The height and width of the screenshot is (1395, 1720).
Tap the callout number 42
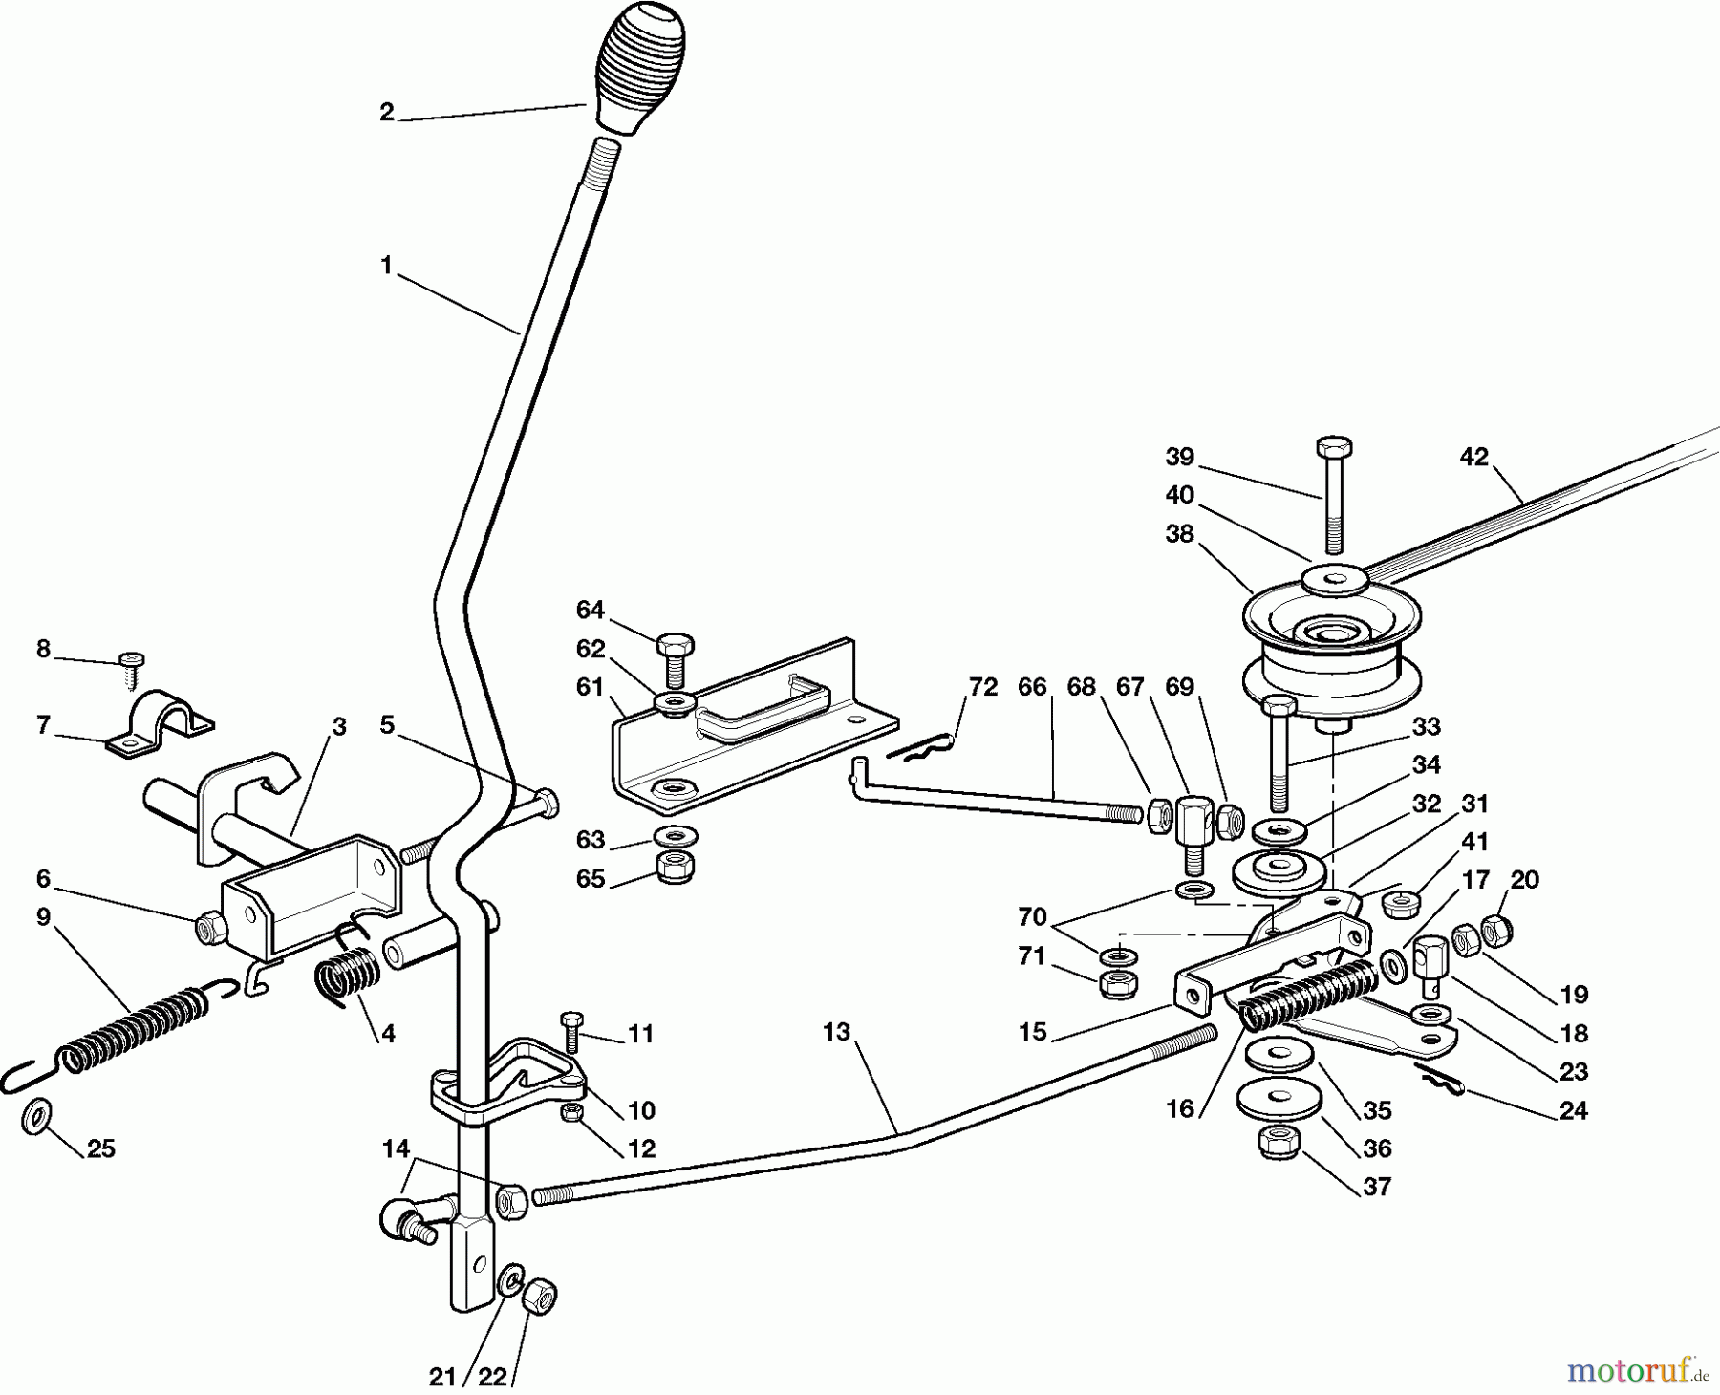[x=1474, y=458]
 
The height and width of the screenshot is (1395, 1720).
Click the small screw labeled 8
[x=132, y=669]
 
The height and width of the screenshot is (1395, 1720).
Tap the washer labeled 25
[x=37, y=1115]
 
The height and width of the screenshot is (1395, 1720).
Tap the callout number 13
[x=836, y=1033]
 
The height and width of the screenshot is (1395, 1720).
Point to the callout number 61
[x=591, y=687]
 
